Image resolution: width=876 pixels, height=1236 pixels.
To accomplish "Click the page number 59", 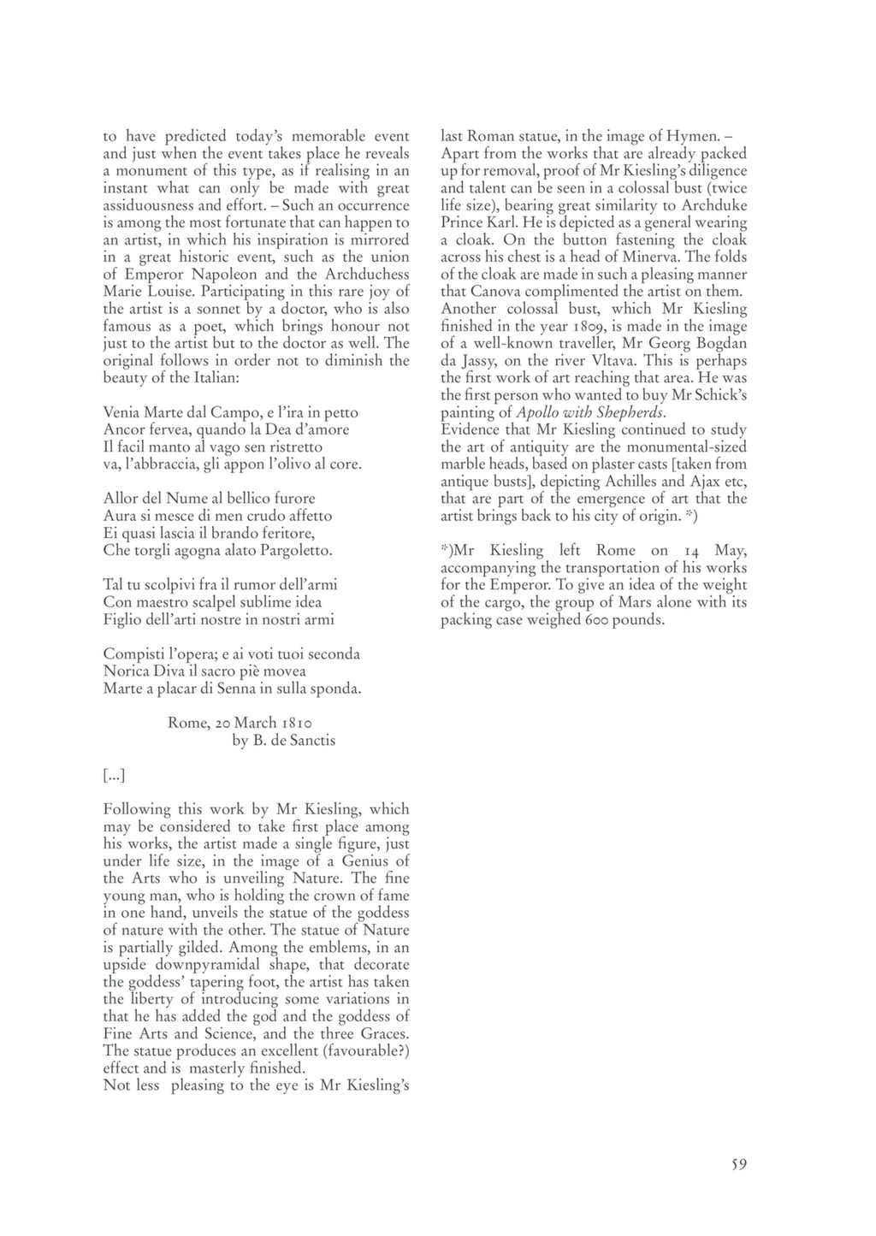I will (739, 1164).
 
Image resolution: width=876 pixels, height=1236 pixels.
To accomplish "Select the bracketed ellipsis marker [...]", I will (114, 775).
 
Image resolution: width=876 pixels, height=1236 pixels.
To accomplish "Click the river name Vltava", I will (608, 361).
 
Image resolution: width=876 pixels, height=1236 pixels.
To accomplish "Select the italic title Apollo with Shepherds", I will (591, 412).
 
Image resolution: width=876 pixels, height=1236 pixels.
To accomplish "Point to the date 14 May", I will (715, 551).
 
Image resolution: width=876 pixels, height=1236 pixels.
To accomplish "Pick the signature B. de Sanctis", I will (284, 741).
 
